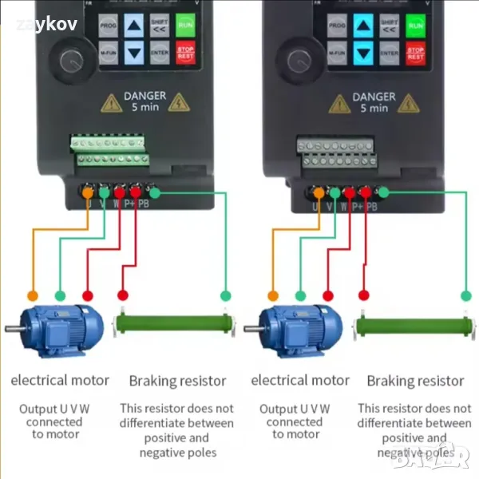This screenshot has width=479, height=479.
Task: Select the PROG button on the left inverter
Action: pyautogui.click(x=109, y=26)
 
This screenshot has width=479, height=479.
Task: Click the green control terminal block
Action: pyautogui.click(x=109, y=152)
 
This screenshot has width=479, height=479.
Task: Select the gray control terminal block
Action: pyautogui.click(x=336, y=152)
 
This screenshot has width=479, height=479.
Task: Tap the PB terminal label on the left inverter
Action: pyautogui.click(x=144, y=204)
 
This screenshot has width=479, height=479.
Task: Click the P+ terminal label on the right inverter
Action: pyautogui.click(x=357, y=205)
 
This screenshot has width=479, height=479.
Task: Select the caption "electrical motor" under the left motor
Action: pyautogui.click(x=60, y=380)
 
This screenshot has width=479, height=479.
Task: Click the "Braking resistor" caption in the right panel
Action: pyautogui.click(x=415, y=381)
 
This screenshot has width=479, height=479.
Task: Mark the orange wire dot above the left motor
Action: pyautogui.click(x=33, y=295)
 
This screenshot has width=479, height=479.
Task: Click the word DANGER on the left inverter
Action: pyautogui.click(x=144, y=96)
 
